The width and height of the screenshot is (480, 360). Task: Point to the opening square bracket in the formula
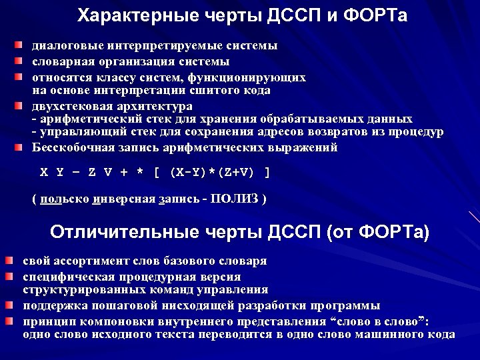(x=156, y=172)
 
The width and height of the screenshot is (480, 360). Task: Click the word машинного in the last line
(x=388, y=335)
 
